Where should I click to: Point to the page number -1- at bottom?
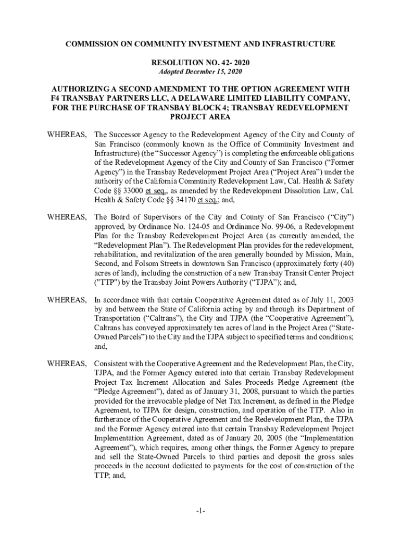click(x=200, y=512)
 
